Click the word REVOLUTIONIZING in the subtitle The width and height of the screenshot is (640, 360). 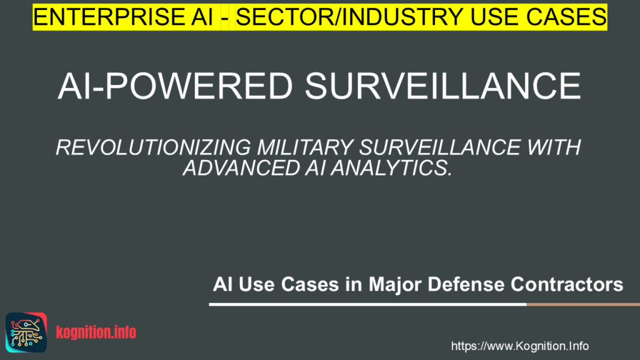point(152,149)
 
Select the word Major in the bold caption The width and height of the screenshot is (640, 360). point(391,285)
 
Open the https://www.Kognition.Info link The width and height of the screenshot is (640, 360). point(520,346)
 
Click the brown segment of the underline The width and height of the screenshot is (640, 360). point(582,304)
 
